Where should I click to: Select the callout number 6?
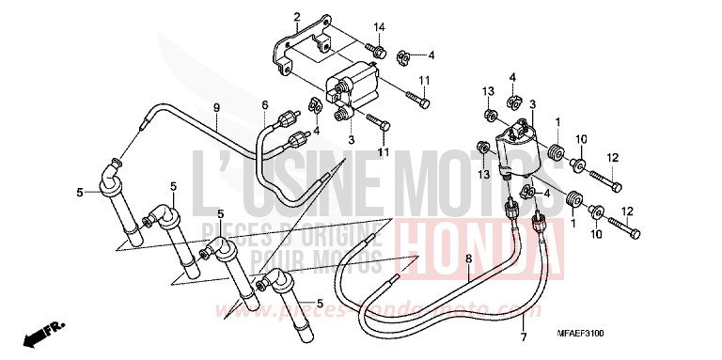tap(264, 104)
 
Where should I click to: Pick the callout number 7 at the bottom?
tap(524, 336)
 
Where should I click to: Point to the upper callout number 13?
tap(489, 91)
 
